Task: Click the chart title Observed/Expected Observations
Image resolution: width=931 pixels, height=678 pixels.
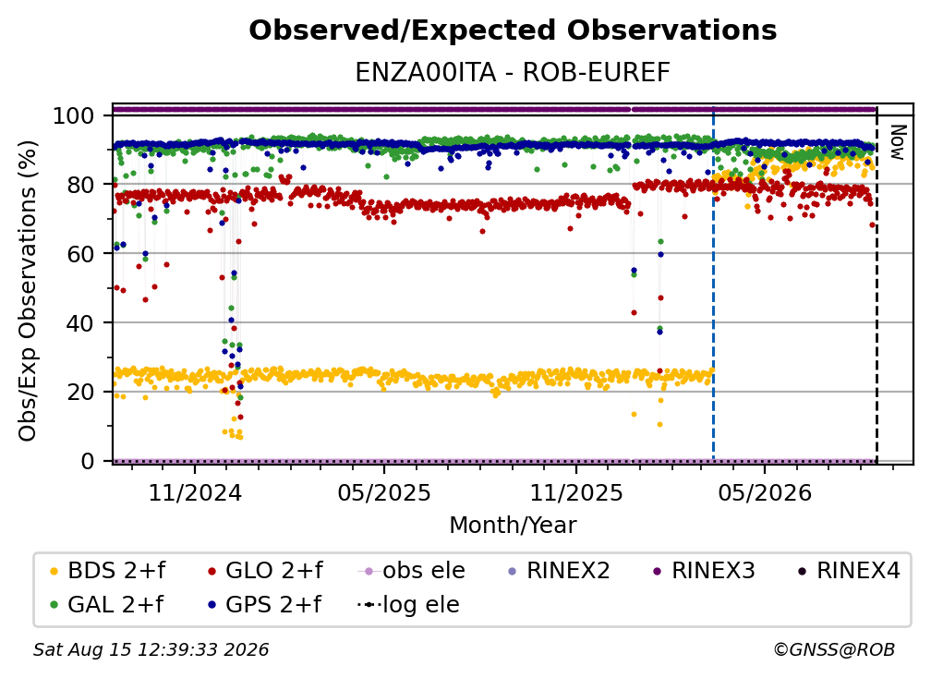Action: click(x=513, y=30)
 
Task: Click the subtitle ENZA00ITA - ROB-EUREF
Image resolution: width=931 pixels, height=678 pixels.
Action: click(x=513, y=73)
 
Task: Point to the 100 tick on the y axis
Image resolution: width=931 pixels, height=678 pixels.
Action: click(x=74, y=115)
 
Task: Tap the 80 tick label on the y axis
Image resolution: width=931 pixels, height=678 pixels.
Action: click(x=80, y=185)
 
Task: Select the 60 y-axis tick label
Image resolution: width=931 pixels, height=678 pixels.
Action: click(x=80, y=253)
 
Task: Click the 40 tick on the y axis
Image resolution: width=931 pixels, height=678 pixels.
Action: click(x=80, y=323)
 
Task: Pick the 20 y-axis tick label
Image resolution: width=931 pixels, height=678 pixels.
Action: click(x=80, y=392)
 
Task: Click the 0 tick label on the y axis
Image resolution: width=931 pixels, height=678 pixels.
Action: click(x=88, y=461)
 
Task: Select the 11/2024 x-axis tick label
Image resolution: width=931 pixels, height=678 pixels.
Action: click(x=195, y=492)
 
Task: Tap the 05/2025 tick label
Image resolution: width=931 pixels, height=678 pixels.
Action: click(x=384, y=492)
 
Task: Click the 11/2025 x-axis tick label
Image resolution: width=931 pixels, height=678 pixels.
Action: click(x=576, y=492)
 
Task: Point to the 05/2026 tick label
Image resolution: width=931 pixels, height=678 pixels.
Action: click(x=765, y=492)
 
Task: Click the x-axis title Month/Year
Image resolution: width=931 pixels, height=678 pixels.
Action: click(x=513, y=526)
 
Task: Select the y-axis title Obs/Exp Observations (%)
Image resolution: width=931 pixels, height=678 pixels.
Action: click(x=28, y=291)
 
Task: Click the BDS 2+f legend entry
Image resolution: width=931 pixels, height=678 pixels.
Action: click(x=107, y=571)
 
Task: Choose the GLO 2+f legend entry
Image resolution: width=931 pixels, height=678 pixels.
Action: click(x=265, y=571)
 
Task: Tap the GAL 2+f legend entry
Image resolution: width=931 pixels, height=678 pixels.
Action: click(x=107, y=605)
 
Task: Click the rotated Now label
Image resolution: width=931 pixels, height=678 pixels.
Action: click(x=898, y=142)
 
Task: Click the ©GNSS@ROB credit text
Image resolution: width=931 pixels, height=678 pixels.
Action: click(x=834, y=650)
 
